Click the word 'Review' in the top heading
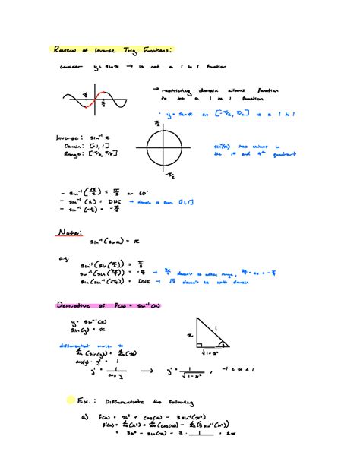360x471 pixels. tap(65, 49)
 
